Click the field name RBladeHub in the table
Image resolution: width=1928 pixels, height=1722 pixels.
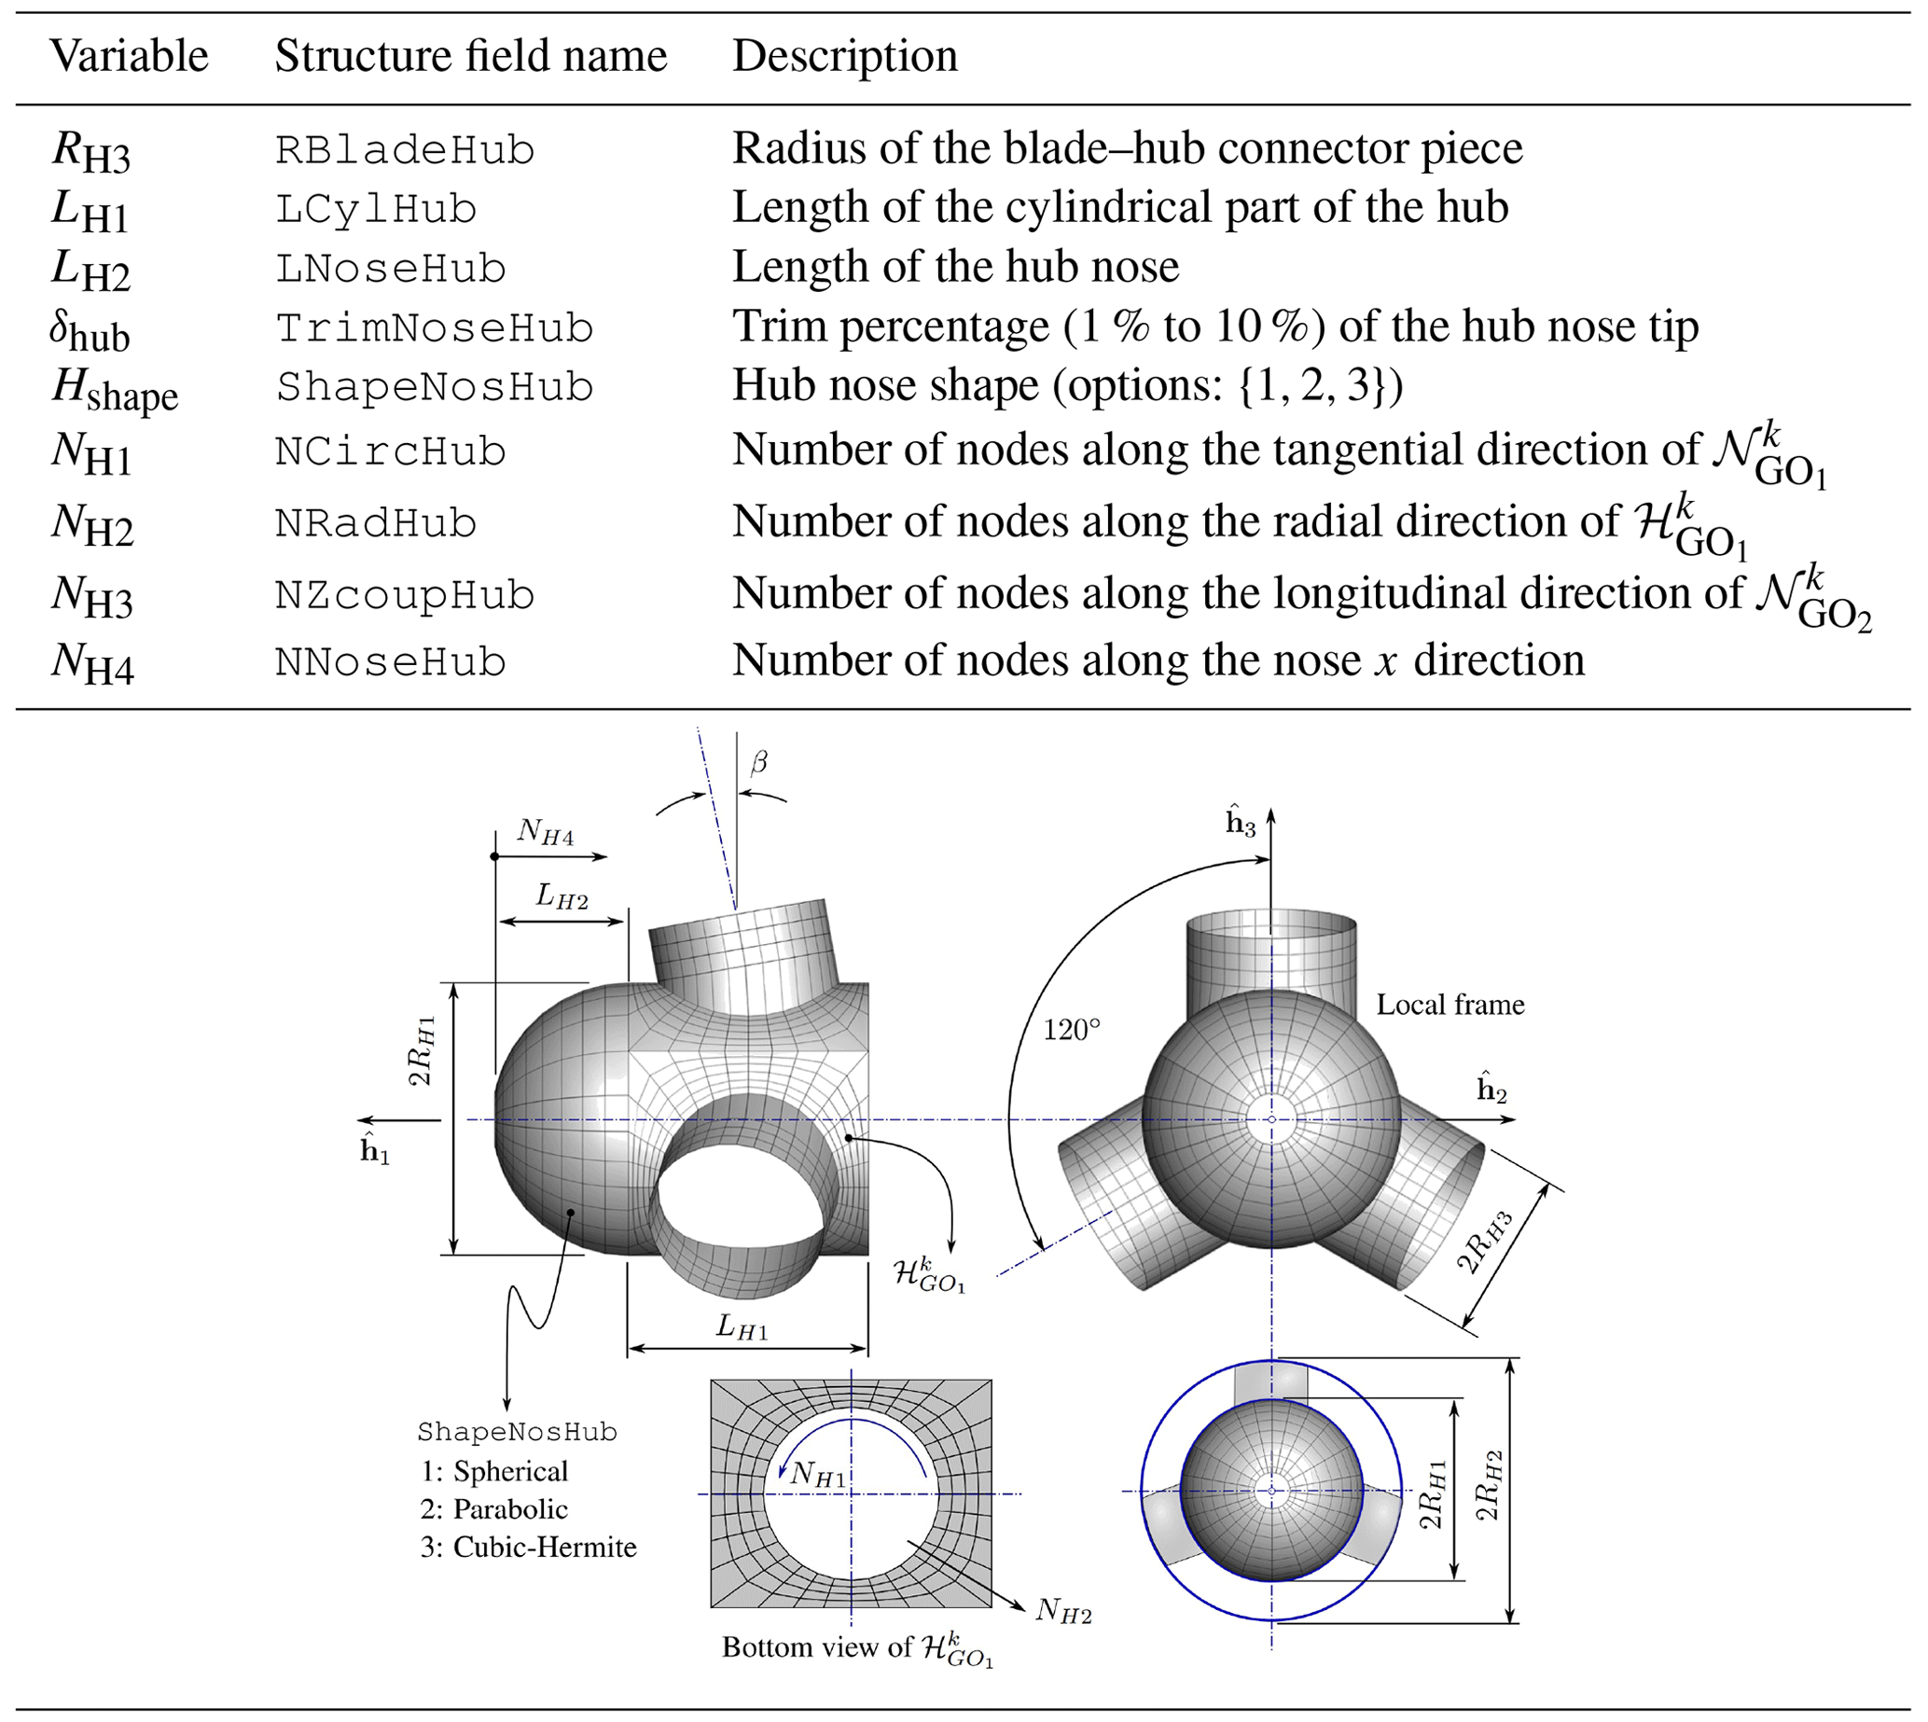pyautogui.click(x=405, y=150)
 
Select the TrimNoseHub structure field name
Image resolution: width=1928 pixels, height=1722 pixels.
pyautogui.click(x=435, y=328)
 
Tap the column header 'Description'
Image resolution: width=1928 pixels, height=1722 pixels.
pyautogui.click(x=845, y=56)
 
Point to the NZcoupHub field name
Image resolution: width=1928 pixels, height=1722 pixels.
pyautogui.click(x=405, y=595)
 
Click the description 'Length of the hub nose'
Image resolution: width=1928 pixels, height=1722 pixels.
pyautogui.click(x=955, y=268)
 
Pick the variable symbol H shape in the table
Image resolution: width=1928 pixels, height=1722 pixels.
pyautogui.click(x=115, y=390)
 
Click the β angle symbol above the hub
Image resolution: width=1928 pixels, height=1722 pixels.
pyautogui.click(x=758, y=763)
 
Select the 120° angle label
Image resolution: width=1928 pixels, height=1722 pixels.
pyautogui.click(x=1072, y=1030)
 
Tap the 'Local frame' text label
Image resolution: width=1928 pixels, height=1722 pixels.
pyautogui.click(x=1449, y=1005)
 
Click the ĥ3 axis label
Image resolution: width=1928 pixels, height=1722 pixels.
pyautogui.click(x=1241, y=822)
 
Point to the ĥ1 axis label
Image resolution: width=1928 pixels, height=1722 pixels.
pyautogui.click(x=375, y=1148)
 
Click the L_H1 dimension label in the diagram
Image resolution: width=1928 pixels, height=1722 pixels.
pyautogui.click(x=742, y=1327)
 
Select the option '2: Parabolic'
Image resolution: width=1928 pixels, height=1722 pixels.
pyautogui.click(x=493, y=1509)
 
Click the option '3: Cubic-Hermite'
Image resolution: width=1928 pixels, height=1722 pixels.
pyautogui.click(x=528, y=1547)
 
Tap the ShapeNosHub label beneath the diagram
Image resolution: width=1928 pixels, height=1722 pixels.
pyautogui.click(x=517, y=1433)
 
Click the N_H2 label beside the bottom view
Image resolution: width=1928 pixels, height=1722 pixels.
pyautogui.click(x=1063, y=1610)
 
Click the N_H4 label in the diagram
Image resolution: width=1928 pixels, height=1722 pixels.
pyautogui.click(x=545, y=834)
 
